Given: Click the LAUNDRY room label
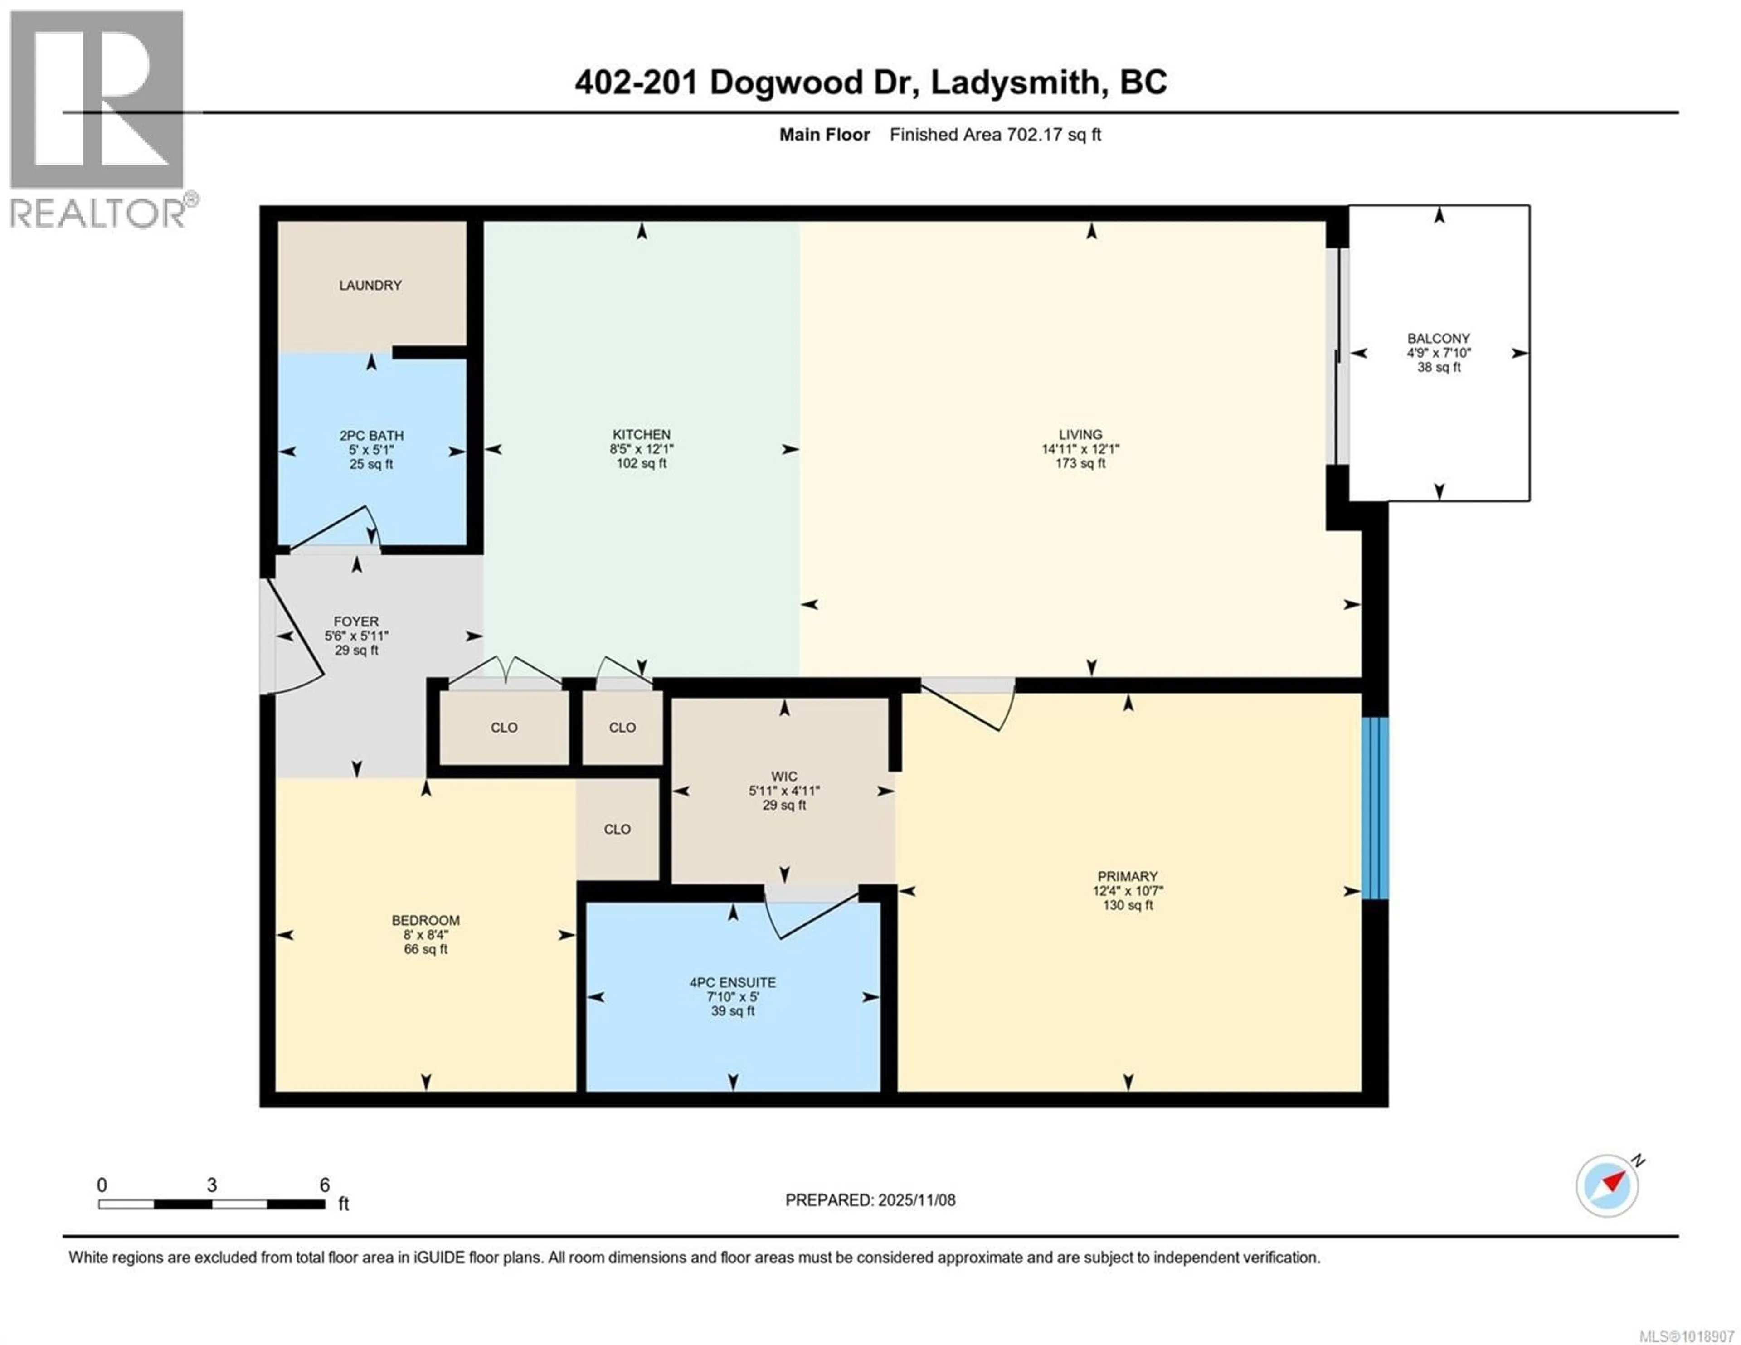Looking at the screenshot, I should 370,286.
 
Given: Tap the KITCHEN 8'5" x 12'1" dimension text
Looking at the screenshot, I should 641,449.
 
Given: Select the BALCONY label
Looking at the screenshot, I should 1438,339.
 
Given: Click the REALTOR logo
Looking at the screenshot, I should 97,120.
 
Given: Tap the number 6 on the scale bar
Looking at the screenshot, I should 325,1185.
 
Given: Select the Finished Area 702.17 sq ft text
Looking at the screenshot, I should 995,135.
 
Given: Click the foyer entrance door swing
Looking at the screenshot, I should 293,638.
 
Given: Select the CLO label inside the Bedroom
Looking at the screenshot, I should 617,829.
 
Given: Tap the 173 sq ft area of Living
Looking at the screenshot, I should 1080,463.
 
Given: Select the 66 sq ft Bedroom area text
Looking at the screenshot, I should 426,949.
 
